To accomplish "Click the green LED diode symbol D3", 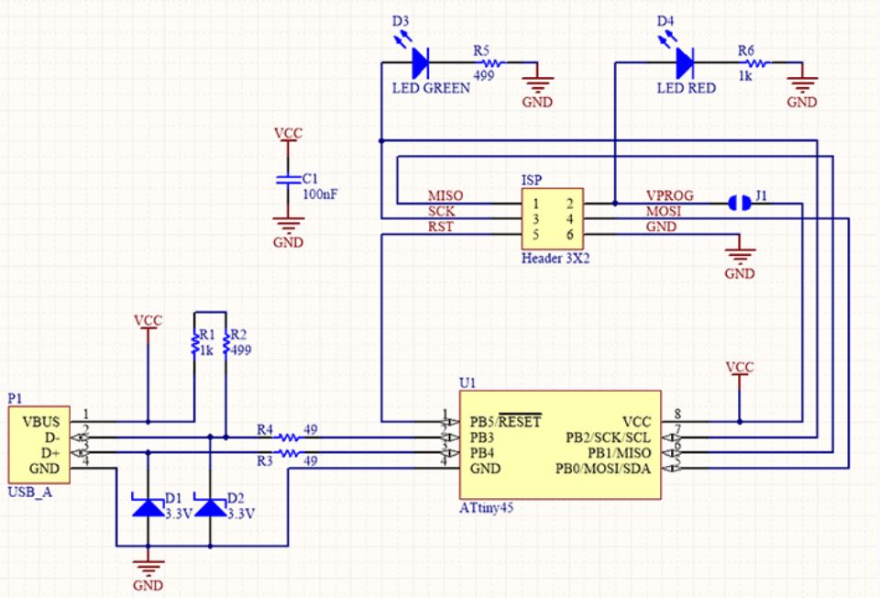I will tap(421, 62).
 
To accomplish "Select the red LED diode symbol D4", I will tap(685, 62).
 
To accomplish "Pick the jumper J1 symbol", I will tap(739, 202).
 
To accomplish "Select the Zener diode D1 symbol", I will tap(148, 506).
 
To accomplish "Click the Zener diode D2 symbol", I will tap(211, 506).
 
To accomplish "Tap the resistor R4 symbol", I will tap(289, 437).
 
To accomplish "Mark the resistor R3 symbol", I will tap(289, 453).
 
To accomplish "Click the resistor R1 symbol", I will tap(194, 347).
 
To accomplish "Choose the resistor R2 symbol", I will tap(225, 347).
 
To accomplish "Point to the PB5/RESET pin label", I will tap(504, 422).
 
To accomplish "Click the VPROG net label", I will tap(670, 196).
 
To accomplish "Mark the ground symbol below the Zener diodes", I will tap(148, 567).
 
